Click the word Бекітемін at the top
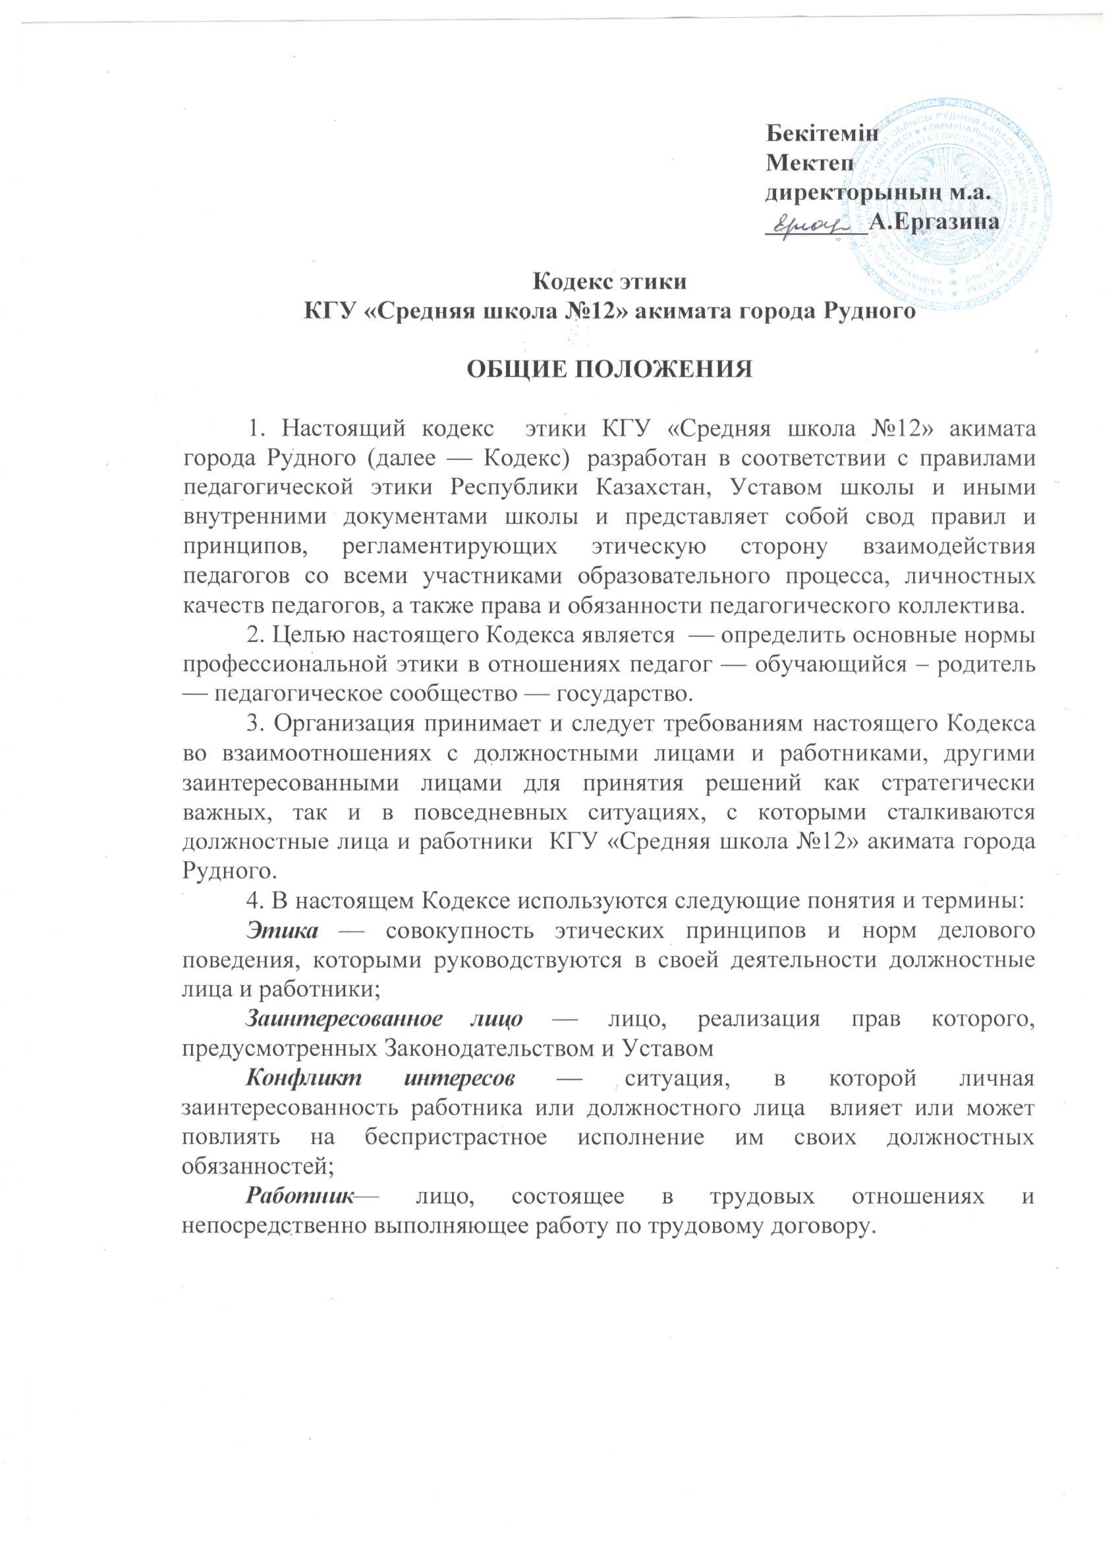pos(822,132)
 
